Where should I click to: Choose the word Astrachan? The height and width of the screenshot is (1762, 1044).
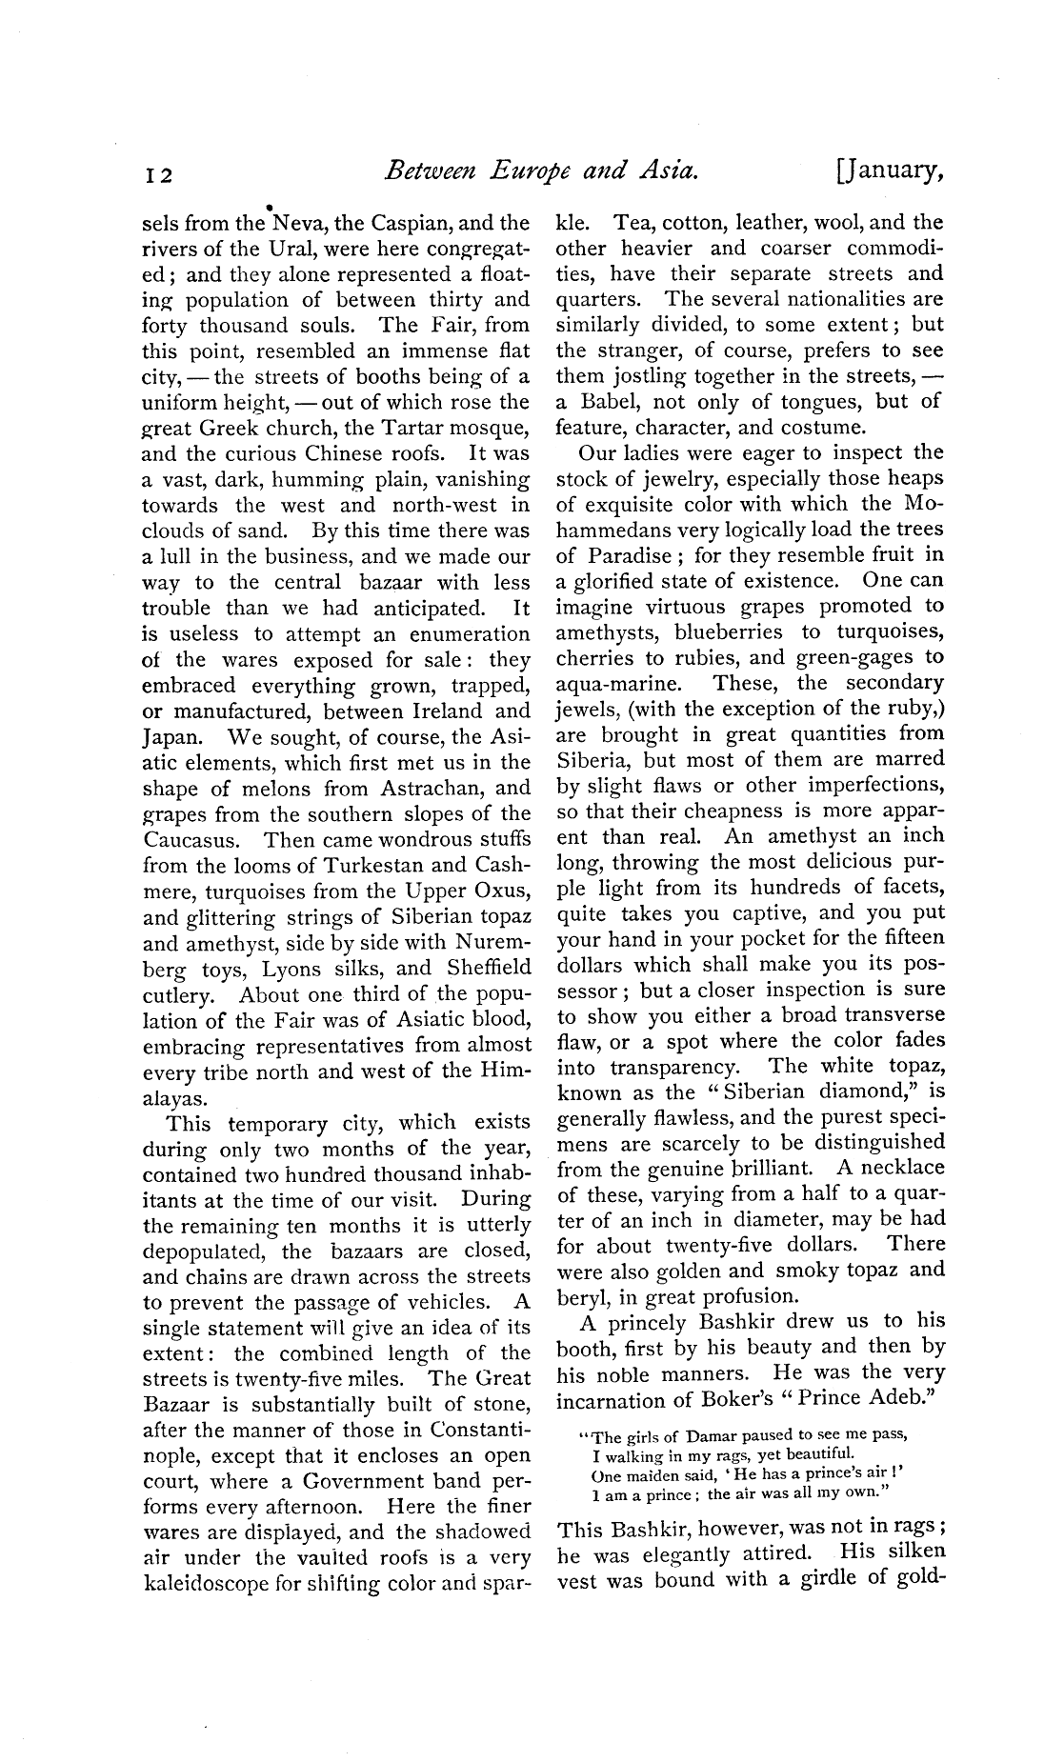pyautogui.click(x=424, y=788)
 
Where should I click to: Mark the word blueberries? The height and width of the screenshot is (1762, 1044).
pyautogui.click(x=729, y=631)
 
